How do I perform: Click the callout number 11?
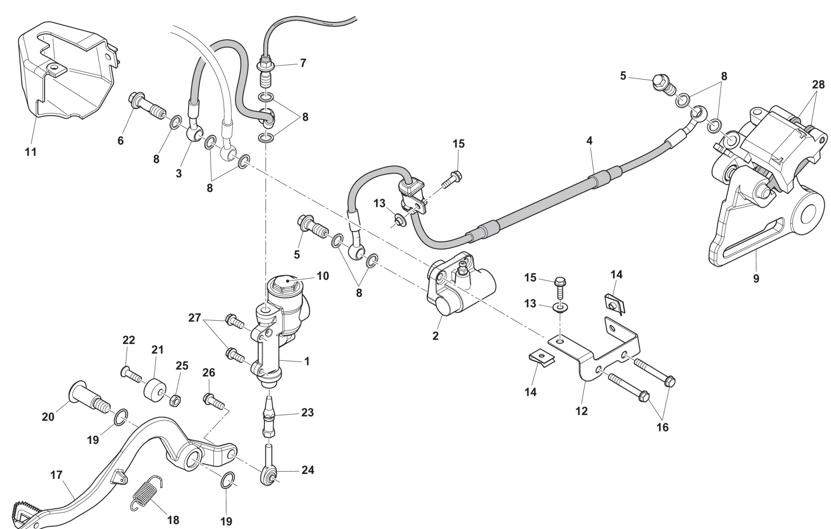[31, 152]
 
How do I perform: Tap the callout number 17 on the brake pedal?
[57, 475]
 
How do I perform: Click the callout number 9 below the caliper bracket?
[756, 278]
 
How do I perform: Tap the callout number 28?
[818, 85]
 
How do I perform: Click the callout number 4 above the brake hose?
[589, 141]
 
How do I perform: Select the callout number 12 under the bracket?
[581, 411]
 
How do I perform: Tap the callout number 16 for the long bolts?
[662, 427]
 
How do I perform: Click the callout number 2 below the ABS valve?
[435, 336]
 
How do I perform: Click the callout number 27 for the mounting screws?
[194, 318]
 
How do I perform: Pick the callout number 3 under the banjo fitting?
[179, 173]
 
